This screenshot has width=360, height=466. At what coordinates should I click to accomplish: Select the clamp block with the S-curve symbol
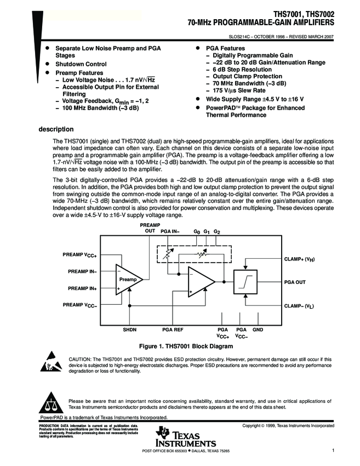pyautogui.click(x=247, y=282)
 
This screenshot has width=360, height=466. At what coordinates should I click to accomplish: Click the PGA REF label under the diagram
pyautogui.click(x=173, y=329)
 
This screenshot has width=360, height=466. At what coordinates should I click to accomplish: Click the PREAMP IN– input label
pyautogui.click(x=82, y=271)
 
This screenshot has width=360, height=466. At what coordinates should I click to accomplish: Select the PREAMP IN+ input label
pyautogui.click(x=82, y=288)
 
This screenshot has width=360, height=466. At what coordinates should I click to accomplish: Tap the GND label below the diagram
pyautogui.click(x=258, y=329)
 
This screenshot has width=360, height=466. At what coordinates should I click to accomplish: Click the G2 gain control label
pyautogui.click(x=217, y=232)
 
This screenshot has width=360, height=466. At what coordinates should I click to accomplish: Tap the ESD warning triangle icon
pyautogui.click(x=50, y=364)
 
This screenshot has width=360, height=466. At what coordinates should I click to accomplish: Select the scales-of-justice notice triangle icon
pyautogui.click(x=50, y=405)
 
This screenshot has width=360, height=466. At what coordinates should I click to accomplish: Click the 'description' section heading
pyautogui.click(x=55, y=129)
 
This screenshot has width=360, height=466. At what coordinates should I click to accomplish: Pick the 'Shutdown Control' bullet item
pyautogui.click(x=81, y=64)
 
